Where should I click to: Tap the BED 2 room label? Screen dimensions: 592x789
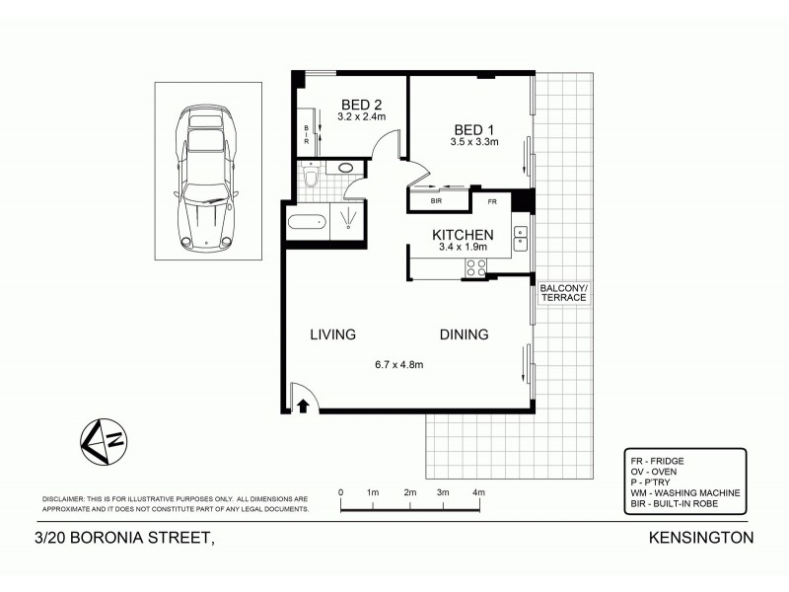(x=361, y=105)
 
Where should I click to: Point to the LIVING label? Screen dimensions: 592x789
(x=332, y=334)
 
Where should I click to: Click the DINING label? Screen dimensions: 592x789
(x=464, y=334)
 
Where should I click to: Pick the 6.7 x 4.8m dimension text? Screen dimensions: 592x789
(x=398, y=364)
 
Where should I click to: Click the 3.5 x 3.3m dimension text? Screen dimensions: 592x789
(x=474, y=143)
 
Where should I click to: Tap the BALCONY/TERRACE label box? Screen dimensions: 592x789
(x=563, y=292)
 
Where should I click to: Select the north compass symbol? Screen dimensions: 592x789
(x=102, y=440)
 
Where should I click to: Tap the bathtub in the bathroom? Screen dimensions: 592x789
(x=307, y=220)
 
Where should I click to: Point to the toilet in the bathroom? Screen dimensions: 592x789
(x=312, y=177)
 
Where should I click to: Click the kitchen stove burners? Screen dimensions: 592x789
(x=477, y=265)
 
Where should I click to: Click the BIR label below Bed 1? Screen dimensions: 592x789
(x=437, y=201)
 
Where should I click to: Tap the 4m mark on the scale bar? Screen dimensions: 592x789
(x=478, y=491)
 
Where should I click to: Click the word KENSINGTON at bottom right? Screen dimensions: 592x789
(x=701, y=538)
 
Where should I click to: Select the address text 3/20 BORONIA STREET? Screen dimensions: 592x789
(x=124, y=538)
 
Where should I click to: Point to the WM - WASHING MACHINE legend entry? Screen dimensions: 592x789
(x=684, y=492)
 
